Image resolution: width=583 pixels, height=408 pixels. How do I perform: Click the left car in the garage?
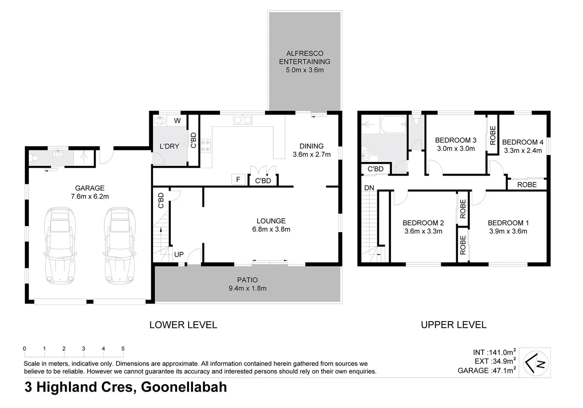pyautogui.click(x=60, y=246)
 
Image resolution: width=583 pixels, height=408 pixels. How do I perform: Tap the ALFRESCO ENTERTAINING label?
pyautogui.click(x=304, y=57)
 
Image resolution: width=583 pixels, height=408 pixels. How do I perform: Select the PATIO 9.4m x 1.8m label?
pyautogui.click(x=247, y=284)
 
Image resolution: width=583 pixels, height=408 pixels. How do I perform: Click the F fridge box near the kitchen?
pyautogui.click(x=238, y=179)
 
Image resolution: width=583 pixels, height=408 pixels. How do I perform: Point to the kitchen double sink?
pyautogui.click(x=242, y=120)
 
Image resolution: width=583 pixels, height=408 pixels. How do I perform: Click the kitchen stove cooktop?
pyautogui.click(x=206, y=146)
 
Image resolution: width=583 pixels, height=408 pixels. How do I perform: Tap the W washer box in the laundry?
pyautogui.click(x=177, y=121)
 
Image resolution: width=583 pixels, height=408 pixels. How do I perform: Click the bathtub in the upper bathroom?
pyautogui.click(x=393, y=124)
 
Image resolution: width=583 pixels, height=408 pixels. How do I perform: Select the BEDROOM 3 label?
pyautogui.click(x=456, y=140)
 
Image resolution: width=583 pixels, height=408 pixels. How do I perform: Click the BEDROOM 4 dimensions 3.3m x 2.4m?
pyautogui.click(x=523, y=151)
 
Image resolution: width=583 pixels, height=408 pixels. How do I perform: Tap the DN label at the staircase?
pyautogui.click(x=369, y=188)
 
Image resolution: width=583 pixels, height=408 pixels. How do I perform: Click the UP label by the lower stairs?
pyautogui.click(x=179, y=255)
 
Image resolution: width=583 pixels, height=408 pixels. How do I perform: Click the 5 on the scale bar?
pyautogui.click(x=123, y=349)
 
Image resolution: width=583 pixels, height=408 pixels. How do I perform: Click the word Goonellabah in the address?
pyautogui.click(x=184, y=387)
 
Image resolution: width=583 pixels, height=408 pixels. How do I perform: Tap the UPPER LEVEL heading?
pyautogui.click(x=453, y=325)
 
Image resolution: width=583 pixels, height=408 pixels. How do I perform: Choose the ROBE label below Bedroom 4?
pyautogui.click(x=527, y=185)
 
